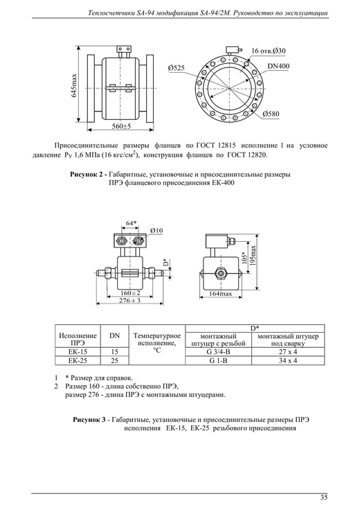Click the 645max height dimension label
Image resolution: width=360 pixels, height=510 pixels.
(74, 85)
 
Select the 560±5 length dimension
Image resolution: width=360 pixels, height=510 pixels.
(121, 127)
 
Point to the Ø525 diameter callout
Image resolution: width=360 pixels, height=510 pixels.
(176, 68)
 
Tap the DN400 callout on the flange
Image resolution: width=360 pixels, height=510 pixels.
(278, 66)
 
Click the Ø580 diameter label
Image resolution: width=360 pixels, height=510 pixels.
(271, 114)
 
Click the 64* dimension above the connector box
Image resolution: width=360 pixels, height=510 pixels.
(132, 223)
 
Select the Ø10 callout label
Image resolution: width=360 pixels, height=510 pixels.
(156, 231)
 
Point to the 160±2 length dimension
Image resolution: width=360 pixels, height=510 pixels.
(130, 292)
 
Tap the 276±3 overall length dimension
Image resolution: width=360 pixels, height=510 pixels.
(129, 300)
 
